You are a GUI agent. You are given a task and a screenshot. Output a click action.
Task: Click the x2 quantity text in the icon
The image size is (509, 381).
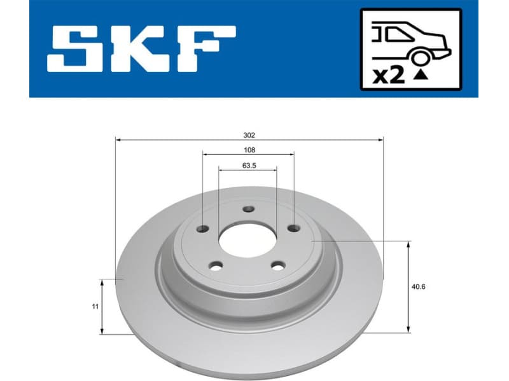[388, 76]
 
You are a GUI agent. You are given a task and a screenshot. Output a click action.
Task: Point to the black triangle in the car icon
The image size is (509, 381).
[421, 75]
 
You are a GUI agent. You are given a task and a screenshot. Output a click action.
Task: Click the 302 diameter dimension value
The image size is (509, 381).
[249, 135]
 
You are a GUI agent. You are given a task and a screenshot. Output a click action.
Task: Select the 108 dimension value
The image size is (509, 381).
[249, 150]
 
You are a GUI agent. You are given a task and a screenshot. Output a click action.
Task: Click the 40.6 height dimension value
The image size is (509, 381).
[418, 286]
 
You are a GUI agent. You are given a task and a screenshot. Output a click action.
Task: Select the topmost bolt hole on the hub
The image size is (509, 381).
[249, 210]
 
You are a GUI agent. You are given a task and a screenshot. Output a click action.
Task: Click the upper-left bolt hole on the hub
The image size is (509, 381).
[203, 229]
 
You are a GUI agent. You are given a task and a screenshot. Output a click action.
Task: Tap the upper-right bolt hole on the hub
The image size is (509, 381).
[293, 229]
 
